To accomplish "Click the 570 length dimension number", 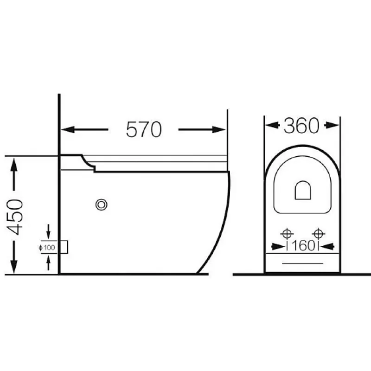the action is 144,129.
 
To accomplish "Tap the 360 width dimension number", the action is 301,125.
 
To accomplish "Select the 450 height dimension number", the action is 15,217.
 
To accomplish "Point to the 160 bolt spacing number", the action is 303,246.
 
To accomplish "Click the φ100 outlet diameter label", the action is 47,248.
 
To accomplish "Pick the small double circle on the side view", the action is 102,205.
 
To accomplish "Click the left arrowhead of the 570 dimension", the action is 68,130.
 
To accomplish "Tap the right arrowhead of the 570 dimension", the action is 218,130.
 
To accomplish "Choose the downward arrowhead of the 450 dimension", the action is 14,267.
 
